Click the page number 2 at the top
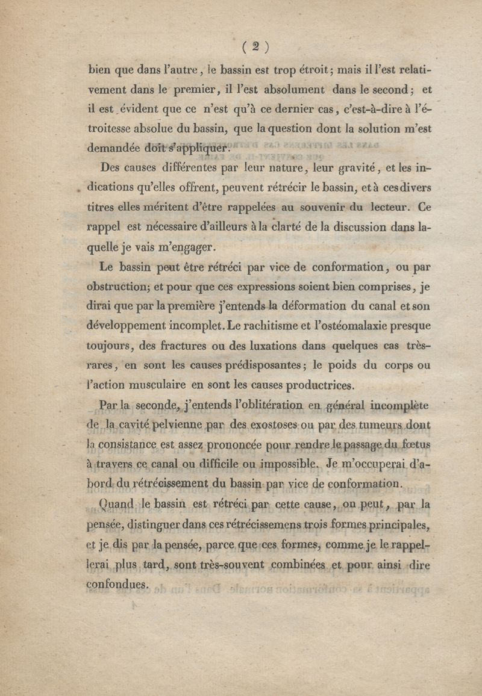coord(255,46)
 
